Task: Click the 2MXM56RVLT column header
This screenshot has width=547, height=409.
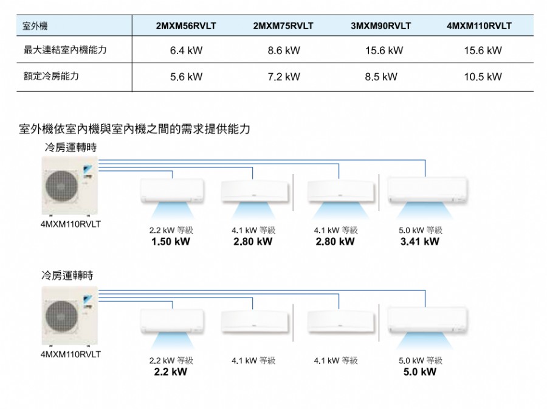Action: (x=186, y=26)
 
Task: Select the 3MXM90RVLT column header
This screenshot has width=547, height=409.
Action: (x=381, y=26)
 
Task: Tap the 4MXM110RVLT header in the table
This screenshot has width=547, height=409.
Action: (x=479, y=26)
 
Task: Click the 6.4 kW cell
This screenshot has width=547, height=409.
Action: (x=186, y=51)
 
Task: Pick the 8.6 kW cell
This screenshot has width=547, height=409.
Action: (x=284, y=51)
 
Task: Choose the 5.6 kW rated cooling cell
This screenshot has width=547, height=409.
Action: (x=186, y=77)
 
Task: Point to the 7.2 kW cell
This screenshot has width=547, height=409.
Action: (x=284, y=77)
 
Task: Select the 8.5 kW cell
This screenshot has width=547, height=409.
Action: (x=381, y=77)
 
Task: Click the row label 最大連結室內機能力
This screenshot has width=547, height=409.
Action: (x=64, y=50)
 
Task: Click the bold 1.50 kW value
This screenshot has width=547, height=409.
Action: (x=170, y=242)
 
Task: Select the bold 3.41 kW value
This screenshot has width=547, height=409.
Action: (x=419, y=242)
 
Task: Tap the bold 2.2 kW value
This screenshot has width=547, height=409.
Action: (x=170, y=371)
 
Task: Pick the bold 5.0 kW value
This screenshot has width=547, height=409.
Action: (x=419, y=371)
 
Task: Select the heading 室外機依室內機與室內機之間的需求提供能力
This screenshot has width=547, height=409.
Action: (x=135, y=129)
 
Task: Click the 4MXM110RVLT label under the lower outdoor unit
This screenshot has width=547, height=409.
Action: (x=71, y=354)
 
